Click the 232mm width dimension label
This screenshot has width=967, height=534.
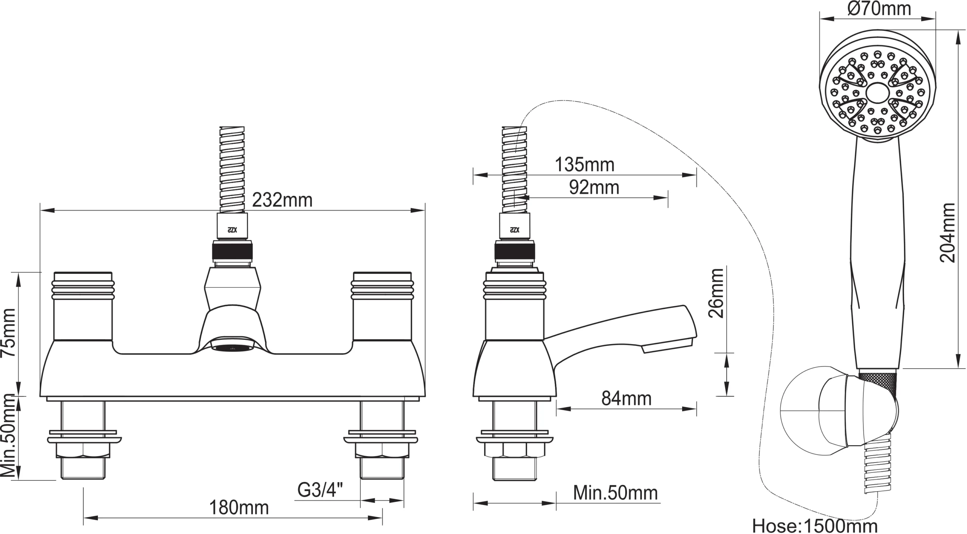[282, 200]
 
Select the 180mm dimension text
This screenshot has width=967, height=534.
[239, 508]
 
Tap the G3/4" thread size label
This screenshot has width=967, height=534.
[320, 490]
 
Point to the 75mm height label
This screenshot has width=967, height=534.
[8, 333]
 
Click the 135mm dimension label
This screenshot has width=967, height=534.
[584, 165]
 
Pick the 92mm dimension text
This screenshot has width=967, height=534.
[594, 188]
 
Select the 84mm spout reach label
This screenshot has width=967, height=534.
[626, 399]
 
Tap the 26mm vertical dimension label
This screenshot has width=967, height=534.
[716, 293]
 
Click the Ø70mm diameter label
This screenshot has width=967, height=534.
[879, 9]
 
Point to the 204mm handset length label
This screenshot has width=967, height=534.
[947, 233]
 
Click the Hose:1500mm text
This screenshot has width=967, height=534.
[814, 526]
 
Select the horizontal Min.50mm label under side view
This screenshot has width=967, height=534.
[615, 493]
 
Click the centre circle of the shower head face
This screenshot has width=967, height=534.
[877, 93]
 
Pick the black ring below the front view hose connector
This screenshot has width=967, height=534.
[232, 251]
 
